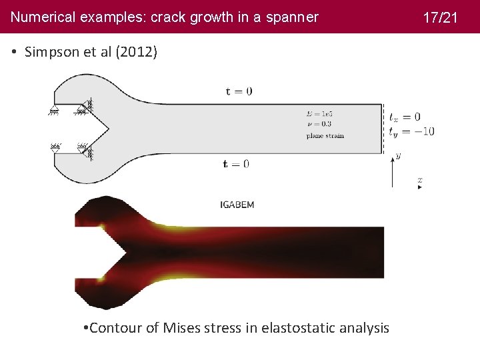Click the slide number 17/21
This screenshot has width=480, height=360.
tap(441, 17)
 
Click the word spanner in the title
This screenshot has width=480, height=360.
tap(294, 17)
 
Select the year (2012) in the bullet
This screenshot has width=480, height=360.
tap(137, 52)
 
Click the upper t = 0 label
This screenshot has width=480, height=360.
tap(239, 91)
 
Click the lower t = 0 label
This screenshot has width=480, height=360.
tap(236, 164)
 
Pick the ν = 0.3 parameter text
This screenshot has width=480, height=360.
tap(319, 124)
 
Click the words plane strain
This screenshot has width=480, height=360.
tap(325, 135)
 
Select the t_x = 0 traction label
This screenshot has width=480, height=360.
tap(405, 118)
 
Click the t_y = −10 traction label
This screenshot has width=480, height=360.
tap(411, 131)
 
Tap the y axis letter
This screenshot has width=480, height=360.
tap(398, 155)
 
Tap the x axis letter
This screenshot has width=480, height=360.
tap(419, 180)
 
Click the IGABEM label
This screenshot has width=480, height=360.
tap(237, 205)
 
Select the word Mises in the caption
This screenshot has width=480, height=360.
tap(184, 327)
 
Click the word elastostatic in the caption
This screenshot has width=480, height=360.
tap(301, 327)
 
